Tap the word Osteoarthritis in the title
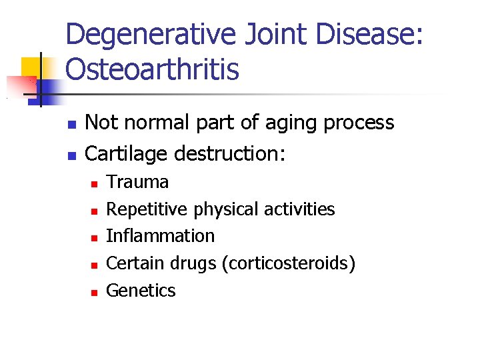coord(152,69)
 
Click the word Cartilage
coord(127,154)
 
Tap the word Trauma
coord(137,182)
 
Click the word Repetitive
coord(147,209)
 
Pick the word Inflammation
coord(161,236)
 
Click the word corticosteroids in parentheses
coord(290,263)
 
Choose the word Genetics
coord(141,291)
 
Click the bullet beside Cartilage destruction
coord(72,155)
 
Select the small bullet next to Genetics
coord(94,292)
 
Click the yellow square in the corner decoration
coord(31,67)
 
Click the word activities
coord(299,209)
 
